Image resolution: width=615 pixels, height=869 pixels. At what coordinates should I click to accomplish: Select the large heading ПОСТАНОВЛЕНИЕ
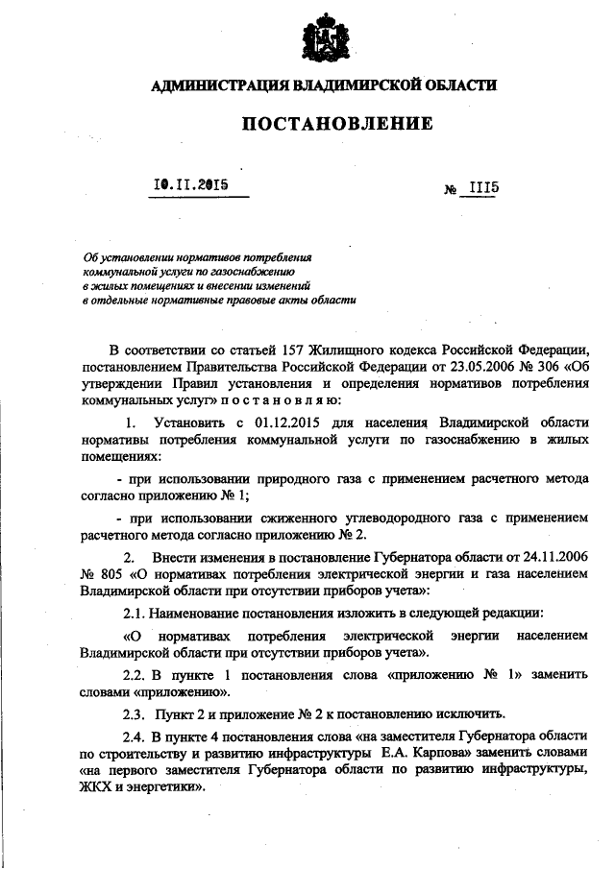click(x=323, y=124)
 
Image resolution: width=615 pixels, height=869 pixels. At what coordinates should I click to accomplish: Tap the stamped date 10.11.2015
click(x=189, y=184)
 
